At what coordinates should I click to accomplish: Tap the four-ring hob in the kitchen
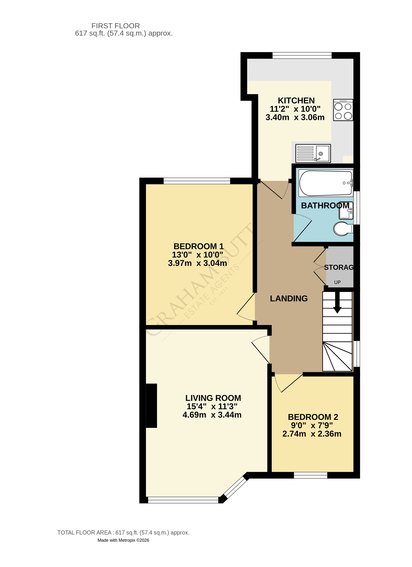coord(343,110)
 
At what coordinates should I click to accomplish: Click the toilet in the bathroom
coord(342,229)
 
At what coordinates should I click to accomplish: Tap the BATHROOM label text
coord(325,205)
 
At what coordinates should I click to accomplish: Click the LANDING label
coord(289,299)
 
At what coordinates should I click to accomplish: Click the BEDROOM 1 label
coord(198,246)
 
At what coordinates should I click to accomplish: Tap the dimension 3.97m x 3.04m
coord(197,263)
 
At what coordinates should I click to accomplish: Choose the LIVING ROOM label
coord(213,398)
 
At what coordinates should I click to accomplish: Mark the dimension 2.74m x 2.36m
coord(312,434)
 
